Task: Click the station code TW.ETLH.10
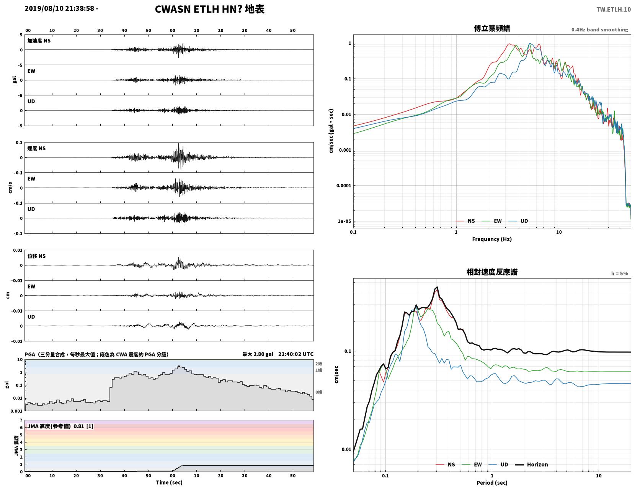tap(614, 9)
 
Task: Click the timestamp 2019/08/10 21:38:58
tap(59, 8)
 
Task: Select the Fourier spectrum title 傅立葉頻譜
tap(492, 28)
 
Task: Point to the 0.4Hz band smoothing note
tap(599, 29)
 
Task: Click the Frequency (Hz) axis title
tap(492, 239)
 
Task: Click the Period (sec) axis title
tap(492, 483)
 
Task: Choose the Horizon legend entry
tap(531, 465)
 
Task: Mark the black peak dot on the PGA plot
tap(179, 366)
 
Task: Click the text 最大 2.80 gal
tap(258, 354)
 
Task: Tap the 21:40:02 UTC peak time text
tap(296, 354)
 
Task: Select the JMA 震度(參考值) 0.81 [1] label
tap(60, 426)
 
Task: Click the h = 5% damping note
tap(620, 274)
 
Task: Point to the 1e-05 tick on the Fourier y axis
tap(344, 221)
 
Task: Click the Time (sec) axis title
tap(169, 483)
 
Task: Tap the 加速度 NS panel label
tap(39, 41)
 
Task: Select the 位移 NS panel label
tap(36, 256)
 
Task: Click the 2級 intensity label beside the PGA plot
tap(318, 364)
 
